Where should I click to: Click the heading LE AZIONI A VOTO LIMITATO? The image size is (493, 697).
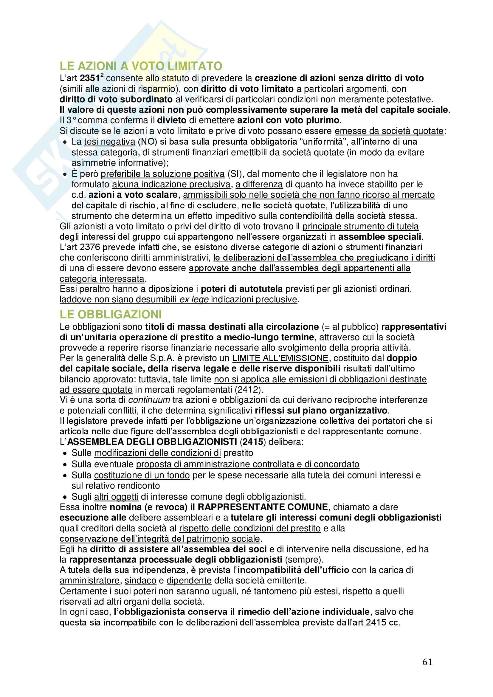click(x=141, y=66)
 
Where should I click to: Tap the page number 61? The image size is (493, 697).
click(x=427, y=662)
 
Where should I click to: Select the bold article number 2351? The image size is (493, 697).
click(x=90, y=78)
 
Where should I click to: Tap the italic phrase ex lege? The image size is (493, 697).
click(x=194, y=300)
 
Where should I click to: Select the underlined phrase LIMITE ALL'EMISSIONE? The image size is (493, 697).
click(x=280, y=358)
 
